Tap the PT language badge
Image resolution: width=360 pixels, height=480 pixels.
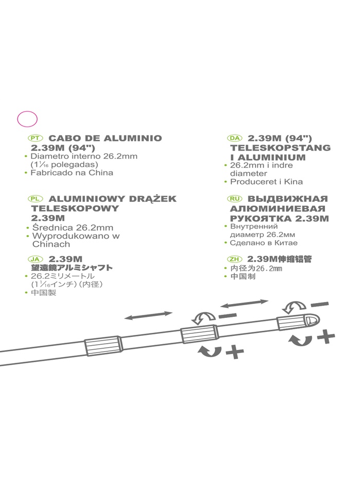coord(35,138)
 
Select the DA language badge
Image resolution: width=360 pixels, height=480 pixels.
coord(235,138)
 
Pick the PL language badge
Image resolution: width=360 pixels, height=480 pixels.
coord(35,199)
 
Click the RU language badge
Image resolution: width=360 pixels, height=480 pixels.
coord(235,199)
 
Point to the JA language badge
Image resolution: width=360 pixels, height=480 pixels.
coord(35,259)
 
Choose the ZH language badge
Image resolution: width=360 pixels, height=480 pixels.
coord(235,259)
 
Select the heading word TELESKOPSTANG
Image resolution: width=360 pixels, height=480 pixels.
coord(280,148)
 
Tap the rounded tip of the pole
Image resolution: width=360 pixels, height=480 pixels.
coord(313,320)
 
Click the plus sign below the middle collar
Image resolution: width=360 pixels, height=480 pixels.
coord(235,352)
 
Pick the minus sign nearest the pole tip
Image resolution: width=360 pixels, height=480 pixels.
coord(319,305)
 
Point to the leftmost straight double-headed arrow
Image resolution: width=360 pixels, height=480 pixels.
coord(149,315)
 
